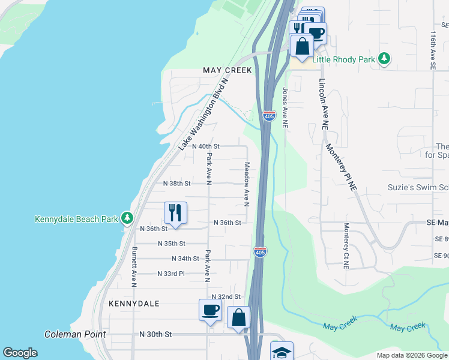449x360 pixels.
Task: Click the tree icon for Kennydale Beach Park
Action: click(x=127, y=218)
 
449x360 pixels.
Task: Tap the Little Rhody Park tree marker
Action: click(x=383, y=59)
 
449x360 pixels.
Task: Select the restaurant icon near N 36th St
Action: click(x=175, y=213)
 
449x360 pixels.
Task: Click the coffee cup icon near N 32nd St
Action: click(x=210, y=311)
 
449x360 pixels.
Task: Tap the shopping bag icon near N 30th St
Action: click(x=238, y=317)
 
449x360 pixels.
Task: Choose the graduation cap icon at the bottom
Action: click(x=282, y=353)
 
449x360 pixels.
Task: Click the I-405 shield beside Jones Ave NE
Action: click(x=269, y=115)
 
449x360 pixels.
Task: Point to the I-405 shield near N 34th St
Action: click(x=260, y=252)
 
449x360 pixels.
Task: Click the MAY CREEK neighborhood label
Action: click(x=228, y=70)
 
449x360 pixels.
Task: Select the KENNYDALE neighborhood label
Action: click(x=134, y=304)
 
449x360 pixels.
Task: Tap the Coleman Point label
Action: click(x=75, y=334)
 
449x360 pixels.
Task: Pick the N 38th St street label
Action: click(x=176, y=184)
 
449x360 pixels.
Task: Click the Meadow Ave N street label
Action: click(x=246, y=184)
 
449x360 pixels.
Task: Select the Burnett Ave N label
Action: click(x=134, y=265)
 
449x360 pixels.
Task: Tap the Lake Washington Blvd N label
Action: click(x=203, y=114)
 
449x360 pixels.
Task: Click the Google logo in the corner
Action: click(x=20, y=353)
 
